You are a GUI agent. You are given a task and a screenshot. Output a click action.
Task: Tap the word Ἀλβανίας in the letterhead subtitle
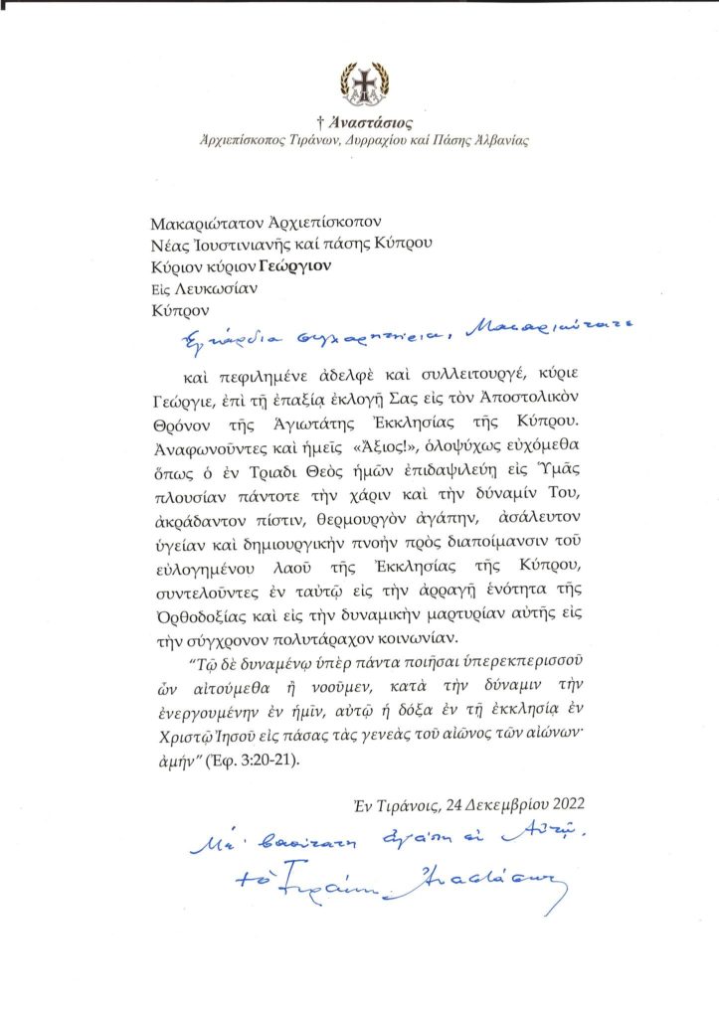tap(499, 140)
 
